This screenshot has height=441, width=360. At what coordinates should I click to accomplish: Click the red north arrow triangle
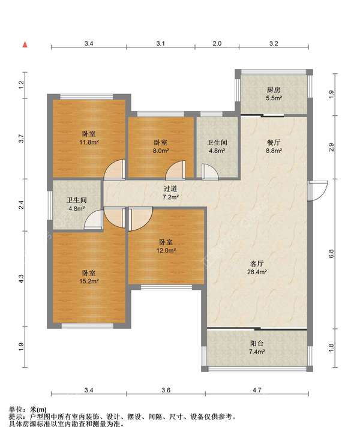coord(25,44)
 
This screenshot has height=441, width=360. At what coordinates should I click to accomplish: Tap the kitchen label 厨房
coord(274,90)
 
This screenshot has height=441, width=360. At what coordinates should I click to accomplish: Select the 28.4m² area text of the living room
coord(257,272)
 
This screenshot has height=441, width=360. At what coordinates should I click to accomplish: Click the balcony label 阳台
coord(257,343)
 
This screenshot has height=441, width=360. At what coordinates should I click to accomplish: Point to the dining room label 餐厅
coord(274,143)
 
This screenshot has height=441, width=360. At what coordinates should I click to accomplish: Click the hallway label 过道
coord(170,189)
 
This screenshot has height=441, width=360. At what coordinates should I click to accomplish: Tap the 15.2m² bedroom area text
coord(89,281)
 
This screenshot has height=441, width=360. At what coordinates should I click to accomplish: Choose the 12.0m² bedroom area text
coord(166,250)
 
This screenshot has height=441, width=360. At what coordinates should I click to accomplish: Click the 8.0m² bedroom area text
coord(161,151)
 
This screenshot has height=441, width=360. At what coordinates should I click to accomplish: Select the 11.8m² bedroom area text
coord(89,142)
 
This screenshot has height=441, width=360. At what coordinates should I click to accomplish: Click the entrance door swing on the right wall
coord(317,191)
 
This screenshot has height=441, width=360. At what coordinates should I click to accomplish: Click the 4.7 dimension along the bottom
coord(257,390)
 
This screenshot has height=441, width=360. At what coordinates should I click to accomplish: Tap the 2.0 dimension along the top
coord(217,43)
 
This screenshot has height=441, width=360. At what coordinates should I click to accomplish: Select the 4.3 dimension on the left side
coord(22,278)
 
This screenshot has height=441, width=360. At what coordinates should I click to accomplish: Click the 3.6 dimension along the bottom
coord(166,390)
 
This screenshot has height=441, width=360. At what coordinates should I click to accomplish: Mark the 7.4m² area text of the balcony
coord(257,352)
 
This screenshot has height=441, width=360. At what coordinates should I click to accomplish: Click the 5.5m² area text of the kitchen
coord(274,98)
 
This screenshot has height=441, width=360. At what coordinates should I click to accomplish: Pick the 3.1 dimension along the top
coord(161,43)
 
